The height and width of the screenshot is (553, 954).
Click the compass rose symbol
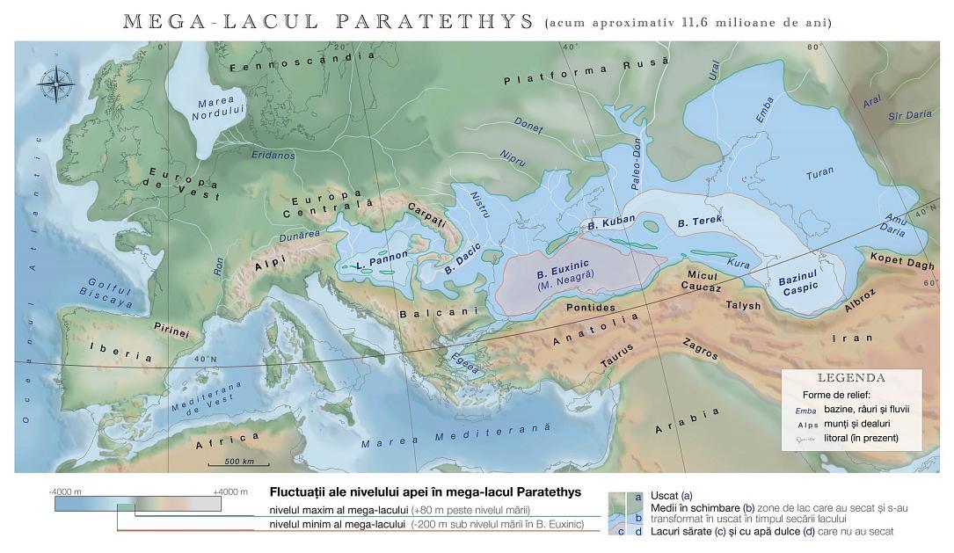coord(56,85)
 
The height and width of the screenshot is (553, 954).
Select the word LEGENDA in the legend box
coord(850,378)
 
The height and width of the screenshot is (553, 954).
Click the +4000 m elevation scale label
coord(230,491)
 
